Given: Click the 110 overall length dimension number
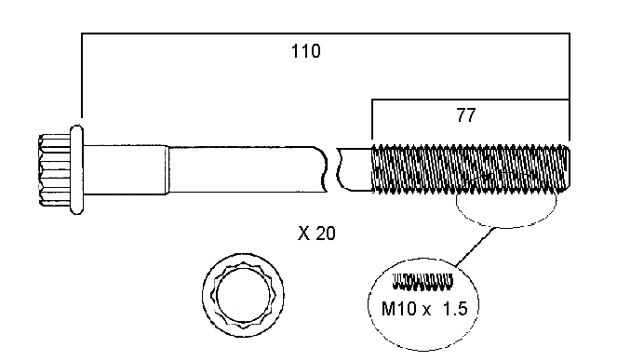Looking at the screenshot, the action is point(306,51).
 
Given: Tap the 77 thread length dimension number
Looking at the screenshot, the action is point(466,114).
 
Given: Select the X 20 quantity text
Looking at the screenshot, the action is point(316,234).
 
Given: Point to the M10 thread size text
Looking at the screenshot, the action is point(398,308).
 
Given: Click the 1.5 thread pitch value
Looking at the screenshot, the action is point(455,308).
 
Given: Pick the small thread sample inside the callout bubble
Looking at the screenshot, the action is point(423,282).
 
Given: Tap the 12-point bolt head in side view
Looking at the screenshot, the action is point(55,169).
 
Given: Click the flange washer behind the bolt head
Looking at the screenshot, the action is point(76,169).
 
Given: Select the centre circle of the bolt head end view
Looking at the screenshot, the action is point(244,295).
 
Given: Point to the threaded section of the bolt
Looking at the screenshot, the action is point(471,169).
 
